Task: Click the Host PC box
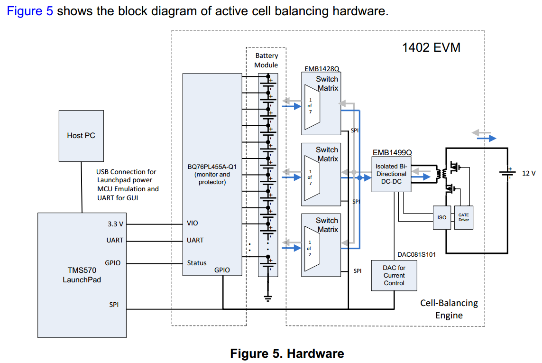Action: tap(81, 136)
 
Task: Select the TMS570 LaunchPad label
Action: tap(82, 275)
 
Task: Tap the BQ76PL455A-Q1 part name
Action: tap(212, 166)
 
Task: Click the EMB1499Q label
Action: tap(392, 153)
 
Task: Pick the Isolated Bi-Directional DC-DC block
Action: tap(391, 174)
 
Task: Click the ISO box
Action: tap(441, 217)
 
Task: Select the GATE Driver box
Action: tap(463, 217)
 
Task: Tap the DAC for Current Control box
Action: tap(394, 275)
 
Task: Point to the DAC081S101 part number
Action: tap(416, 254)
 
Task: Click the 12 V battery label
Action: tap(529, 173)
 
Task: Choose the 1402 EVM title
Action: tap(431, 47)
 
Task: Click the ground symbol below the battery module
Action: tap(268, 298)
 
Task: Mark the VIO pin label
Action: tap(193, 223)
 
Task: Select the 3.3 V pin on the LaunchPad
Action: tap(115, 223)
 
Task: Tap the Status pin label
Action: tap(197, 263)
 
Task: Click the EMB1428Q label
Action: tap(322, 69)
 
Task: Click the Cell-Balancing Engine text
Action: tap(449, 309)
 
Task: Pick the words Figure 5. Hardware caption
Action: tap(287, 354)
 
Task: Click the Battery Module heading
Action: tap(266, 60)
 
